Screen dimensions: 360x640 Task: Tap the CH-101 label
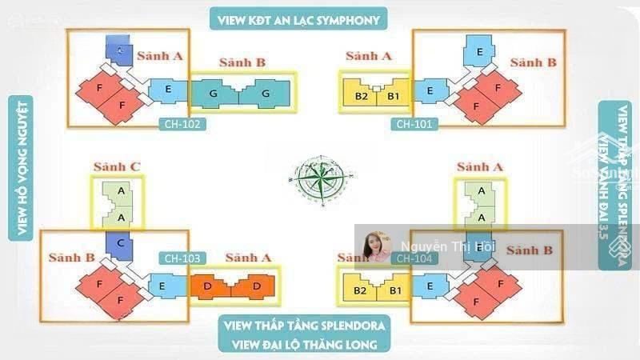414,124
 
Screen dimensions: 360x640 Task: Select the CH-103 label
183,258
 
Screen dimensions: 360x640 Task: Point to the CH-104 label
414,258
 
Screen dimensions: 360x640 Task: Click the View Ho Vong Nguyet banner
22,167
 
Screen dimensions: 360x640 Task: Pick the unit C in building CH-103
118,244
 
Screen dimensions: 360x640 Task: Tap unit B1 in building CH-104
394,290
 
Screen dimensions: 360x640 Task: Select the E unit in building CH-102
168,90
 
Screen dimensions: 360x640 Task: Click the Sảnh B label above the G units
243,62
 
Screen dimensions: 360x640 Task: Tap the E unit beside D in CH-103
162,286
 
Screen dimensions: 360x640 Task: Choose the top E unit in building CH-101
478,53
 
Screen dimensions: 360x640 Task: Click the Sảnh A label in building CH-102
160,55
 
